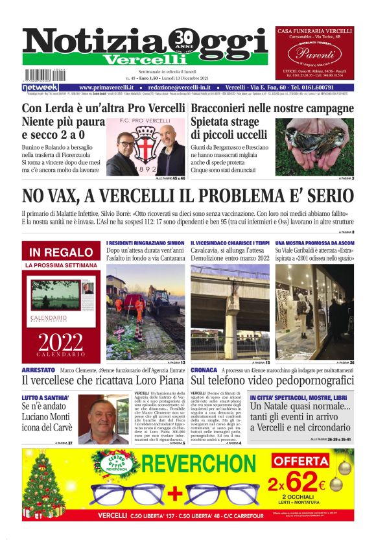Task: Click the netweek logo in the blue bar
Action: click(40, 87)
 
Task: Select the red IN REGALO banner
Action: click(62, 252)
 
